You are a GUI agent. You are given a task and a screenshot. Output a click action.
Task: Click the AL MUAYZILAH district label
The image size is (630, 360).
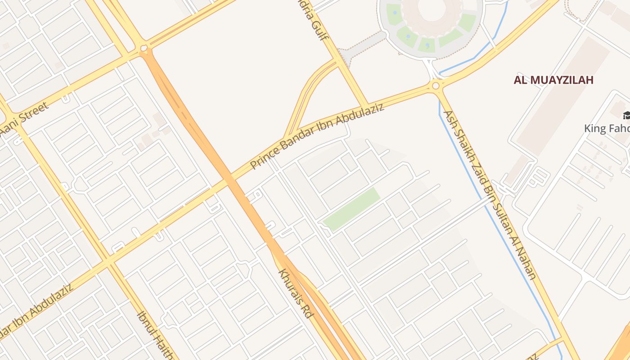point(553,81)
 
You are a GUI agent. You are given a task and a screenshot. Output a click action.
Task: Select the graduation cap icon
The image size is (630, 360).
point(625,116)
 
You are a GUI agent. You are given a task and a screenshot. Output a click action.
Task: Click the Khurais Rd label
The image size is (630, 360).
point(295,293)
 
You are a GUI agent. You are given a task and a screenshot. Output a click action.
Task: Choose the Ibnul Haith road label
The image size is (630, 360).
point(156,335)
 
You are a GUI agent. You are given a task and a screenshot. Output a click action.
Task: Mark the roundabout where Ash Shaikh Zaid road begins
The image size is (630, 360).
point(436,85)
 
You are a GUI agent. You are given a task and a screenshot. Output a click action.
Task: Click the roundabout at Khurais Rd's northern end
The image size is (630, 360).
point(144,48)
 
